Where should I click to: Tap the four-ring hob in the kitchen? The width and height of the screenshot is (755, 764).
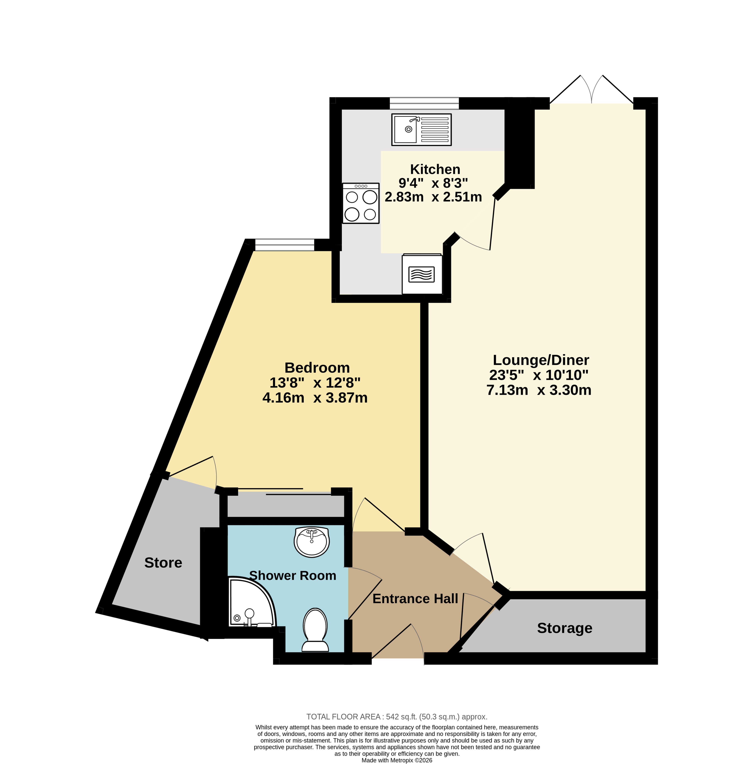point(360,203)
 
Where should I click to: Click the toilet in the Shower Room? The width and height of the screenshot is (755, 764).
point(315,630)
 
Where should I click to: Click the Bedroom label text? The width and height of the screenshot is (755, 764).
point(317,368)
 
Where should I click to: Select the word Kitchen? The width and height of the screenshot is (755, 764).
point(435,169)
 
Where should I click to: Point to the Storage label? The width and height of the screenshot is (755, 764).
point(564,628)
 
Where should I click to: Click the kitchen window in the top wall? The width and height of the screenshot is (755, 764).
point(424,103)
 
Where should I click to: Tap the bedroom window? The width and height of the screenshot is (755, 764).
point(285,245)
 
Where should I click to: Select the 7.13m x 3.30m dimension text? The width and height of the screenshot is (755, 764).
point(539,390)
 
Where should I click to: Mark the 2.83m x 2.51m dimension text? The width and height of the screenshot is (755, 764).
point(433,197)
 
